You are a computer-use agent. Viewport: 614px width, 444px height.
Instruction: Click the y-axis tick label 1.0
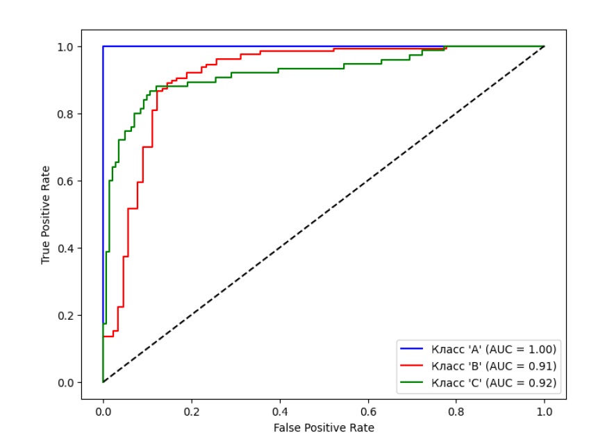[x=65, y=46]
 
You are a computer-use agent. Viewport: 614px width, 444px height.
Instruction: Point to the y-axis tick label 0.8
[x=65, y=114]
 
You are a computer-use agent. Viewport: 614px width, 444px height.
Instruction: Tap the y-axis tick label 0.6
[x=65, y=181]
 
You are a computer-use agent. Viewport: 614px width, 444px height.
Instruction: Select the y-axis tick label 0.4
[x=65, y=248]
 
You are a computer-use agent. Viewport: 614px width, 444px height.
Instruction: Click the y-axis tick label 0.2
[x=65, y=316]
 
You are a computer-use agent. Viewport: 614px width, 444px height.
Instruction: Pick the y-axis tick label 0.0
[x=65, y=383]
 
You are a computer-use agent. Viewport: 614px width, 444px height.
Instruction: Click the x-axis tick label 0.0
[x=103, y=411]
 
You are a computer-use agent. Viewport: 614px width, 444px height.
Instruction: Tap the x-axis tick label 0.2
[x=191, y=411]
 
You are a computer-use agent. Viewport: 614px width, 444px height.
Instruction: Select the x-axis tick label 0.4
[x=279, y=411]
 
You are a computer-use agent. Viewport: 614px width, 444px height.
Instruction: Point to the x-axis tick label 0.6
[x=367, y=411]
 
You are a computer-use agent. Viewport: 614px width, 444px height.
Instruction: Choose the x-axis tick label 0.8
[x=456, y=411]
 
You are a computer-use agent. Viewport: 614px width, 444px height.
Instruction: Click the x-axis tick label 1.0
[x=544, y=411]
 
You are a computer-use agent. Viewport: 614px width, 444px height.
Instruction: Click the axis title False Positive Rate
[x=323, y=427]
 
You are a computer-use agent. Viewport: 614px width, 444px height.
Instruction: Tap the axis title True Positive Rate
[x=46, y=214]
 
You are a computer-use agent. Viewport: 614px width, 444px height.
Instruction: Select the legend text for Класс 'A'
[x=494, y=348]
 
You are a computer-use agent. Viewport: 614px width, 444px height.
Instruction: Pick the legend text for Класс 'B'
[x=494, y=366]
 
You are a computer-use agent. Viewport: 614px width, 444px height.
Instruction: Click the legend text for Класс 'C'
[x=494, y=382]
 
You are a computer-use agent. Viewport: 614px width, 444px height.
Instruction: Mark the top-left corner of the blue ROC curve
[x=103, y=46]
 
